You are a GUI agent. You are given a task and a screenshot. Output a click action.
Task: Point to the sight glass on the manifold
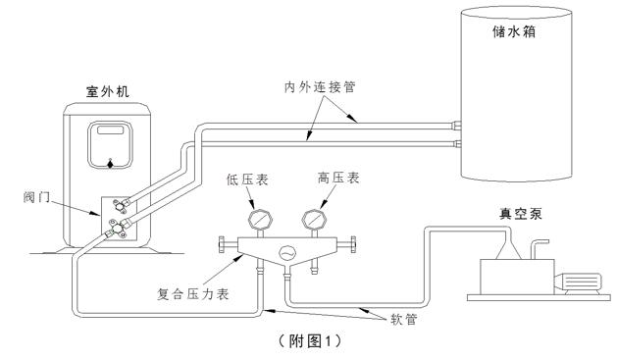286,249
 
